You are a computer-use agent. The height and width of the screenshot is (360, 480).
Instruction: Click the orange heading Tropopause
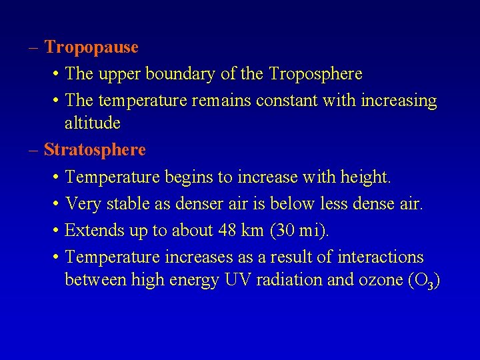tap(91, 48)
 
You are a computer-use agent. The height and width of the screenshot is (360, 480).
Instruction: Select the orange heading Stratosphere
tap(95, 150)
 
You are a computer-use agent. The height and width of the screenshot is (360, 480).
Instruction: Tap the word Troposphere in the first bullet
tap(315, 74)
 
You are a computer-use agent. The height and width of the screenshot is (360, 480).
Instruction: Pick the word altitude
tap(93, 123)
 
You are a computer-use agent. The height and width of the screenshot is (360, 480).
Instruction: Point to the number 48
tap(228, 231)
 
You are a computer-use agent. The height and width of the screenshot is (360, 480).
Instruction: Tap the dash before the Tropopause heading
tap(33, 48)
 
